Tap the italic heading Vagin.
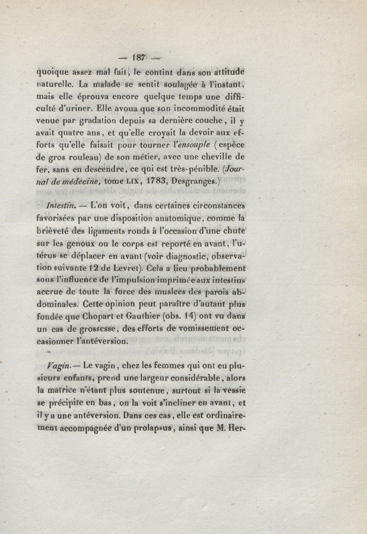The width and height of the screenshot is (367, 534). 49,365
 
